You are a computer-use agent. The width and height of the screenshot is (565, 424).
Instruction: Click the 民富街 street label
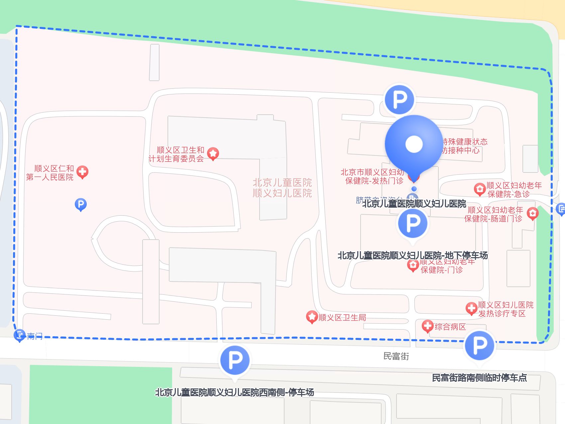click(396, 356)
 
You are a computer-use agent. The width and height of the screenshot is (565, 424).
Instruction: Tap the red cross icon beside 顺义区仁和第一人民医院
click(82, 172)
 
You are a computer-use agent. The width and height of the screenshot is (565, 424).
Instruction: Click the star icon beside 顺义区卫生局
click(312, 317)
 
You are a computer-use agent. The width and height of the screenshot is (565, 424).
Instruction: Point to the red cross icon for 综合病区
click(427, 326)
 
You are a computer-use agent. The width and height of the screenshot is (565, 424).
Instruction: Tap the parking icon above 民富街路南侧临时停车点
click(480, 345)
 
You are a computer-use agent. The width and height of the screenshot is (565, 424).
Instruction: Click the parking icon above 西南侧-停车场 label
click(235, 360)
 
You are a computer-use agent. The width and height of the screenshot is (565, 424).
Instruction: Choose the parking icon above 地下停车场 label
click(413, 223)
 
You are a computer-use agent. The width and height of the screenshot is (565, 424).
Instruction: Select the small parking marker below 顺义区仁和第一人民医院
click(80, 204)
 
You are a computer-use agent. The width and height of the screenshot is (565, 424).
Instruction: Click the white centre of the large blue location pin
click(414, 144)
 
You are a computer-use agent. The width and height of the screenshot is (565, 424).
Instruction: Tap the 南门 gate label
click(35, 336)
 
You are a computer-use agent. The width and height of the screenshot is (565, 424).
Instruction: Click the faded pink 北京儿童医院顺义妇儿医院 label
click(282, 188)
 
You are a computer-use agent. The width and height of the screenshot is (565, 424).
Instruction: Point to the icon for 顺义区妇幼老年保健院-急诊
click(480, 189)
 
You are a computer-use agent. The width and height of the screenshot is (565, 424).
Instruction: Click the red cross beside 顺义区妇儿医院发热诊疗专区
click(471, 308)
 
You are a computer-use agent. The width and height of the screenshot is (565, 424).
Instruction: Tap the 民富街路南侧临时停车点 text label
click(479, 378)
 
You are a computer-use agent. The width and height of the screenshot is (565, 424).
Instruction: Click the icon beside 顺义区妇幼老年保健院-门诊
click(413, 265)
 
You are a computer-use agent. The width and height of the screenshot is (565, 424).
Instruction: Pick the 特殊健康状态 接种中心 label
click(465, 146)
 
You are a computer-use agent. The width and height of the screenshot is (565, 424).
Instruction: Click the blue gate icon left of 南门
click(20, 335)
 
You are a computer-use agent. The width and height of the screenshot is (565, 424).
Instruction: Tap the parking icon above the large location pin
click(399, 99)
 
